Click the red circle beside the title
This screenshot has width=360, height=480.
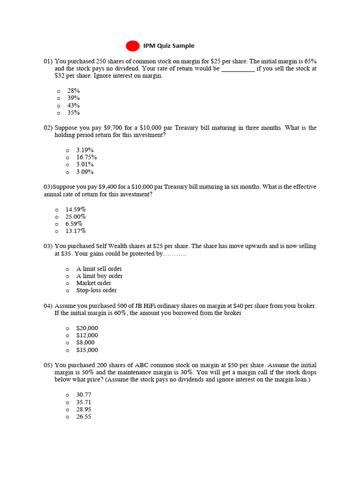[x=133, y=45]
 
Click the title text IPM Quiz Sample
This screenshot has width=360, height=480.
[x=169, y=46]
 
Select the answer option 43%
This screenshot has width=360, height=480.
[x=74, y=105]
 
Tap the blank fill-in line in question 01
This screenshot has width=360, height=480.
[x=238, y=69]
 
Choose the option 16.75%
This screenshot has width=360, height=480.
[x=87, y=157]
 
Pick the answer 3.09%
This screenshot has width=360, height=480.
[x=85, y=172]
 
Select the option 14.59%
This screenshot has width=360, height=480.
[x=75, y=210]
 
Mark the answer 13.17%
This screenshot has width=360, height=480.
[x=75, y=231]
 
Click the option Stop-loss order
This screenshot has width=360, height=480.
[x=97, y=291]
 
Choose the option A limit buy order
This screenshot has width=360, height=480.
[x=99, y=276]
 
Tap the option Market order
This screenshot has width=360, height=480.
[x=94, y=283]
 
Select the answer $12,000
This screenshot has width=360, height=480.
[x=87, y=336]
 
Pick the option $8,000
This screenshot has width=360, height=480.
[x=85, y=343]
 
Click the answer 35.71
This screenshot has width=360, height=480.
[x=84, y=402]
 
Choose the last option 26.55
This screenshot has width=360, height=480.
[x=84, y=417]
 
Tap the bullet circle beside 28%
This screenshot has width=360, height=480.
[x=59, y=91]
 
